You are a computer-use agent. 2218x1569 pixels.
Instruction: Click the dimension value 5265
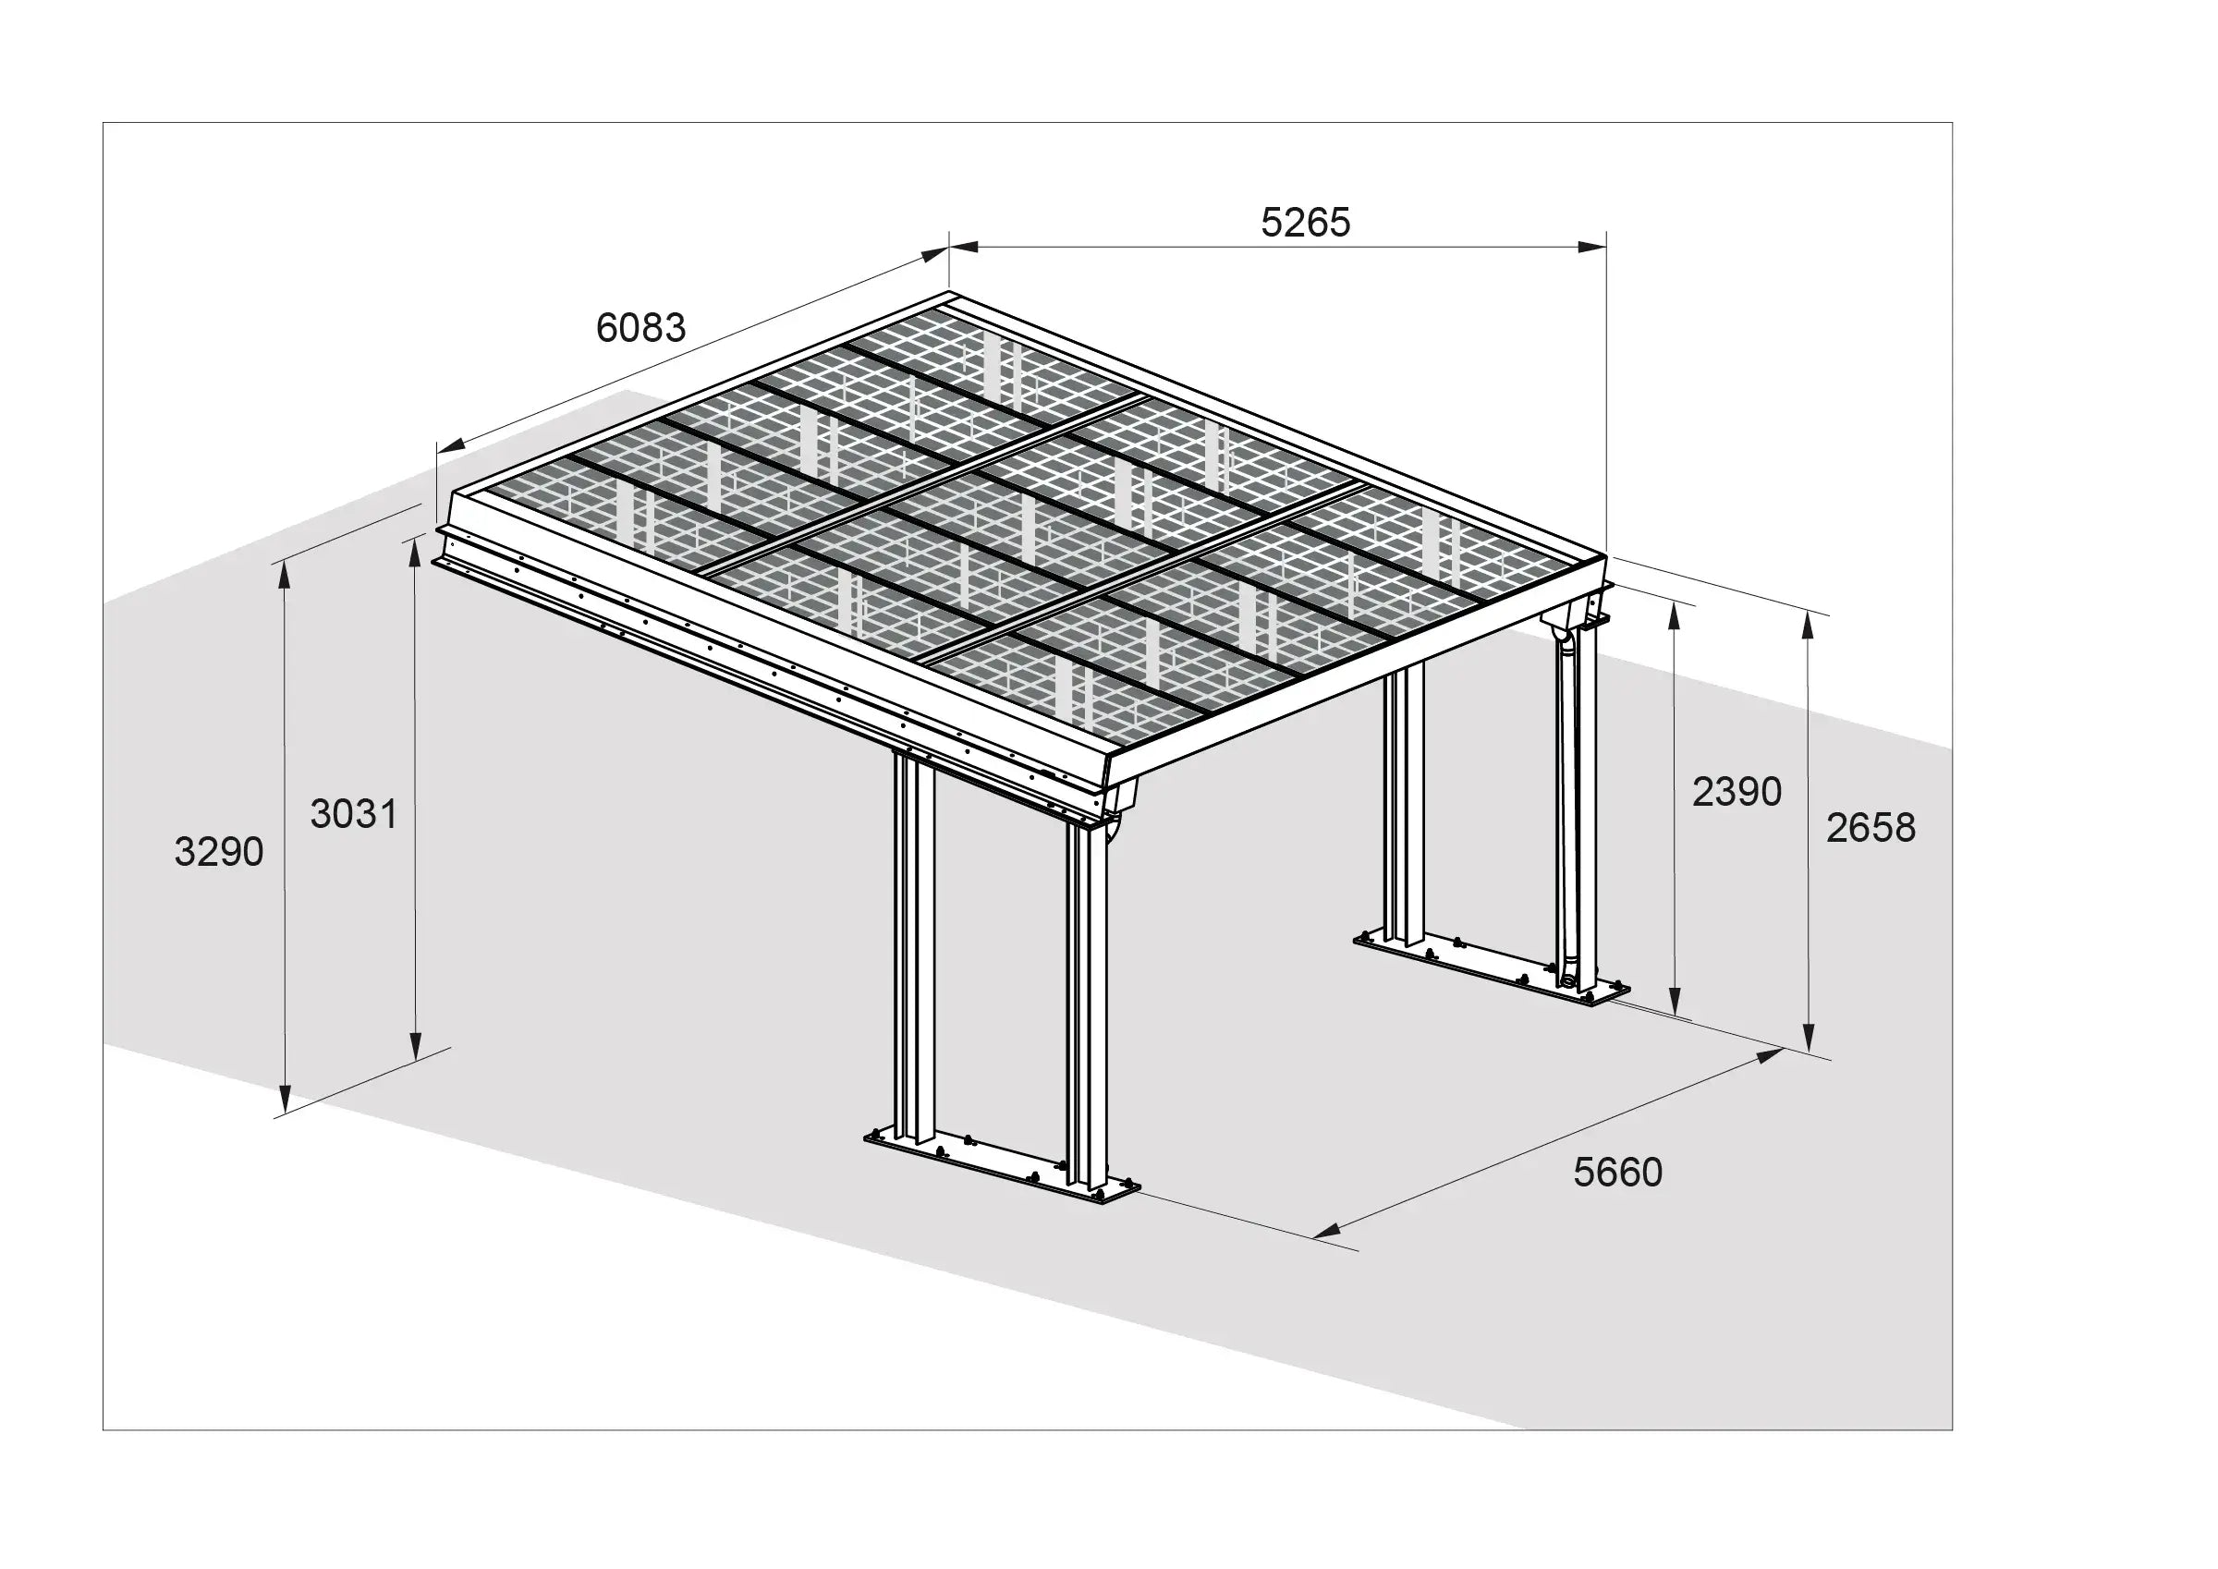pyautogui.click(x=1305, y=222)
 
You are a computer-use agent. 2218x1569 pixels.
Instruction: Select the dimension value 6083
pyautogui.click(x=640, y=328)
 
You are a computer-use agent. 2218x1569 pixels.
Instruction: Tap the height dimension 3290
pyautogui.click(x=218, y=852)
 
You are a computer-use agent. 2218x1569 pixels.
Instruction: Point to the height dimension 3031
pyautogui.click(x=354, y=814)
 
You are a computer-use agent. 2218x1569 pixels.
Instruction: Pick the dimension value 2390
pyautogui.click(x=1736, y=792)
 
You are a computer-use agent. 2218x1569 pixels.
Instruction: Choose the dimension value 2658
pyautogui.click(x=1871, y=828)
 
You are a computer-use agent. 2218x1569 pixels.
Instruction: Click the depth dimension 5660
pyautogui.click(x=1617, y=1172)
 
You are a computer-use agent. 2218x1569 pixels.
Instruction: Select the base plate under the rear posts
pyautogui.click(x=1493, y=968)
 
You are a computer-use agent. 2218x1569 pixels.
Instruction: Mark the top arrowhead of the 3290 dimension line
pyautogui.click(x=285, y=575)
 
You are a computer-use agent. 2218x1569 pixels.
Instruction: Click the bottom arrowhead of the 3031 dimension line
pyautogui.click(x=415, y=1045)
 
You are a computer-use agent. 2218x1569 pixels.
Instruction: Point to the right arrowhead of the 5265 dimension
pyautogui.click(x=1593, y=248)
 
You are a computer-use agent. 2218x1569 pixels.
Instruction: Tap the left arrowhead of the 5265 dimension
pyautogui.click(x=963, y=248)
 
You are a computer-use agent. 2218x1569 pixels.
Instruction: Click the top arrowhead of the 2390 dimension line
pyautogui.click(x=1674, y=618)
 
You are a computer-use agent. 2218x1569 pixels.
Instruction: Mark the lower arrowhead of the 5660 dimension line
pyautogui.click(x=1328, y=1230)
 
